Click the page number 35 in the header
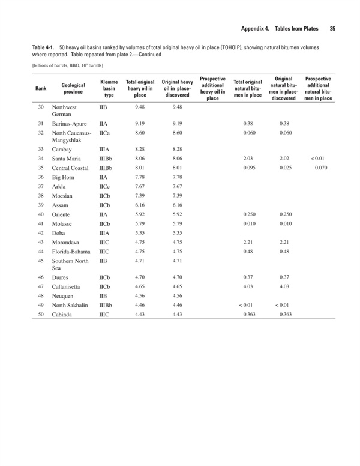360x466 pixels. pos(332,28)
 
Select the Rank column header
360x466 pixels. pos(41,88)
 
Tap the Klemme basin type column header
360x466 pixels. pos(109,88)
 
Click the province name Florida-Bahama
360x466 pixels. pos(73,251)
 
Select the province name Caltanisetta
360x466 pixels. pos(69,288)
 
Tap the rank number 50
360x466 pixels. pos(41,315)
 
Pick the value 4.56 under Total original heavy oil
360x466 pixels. pos(140,296)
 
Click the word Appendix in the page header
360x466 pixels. pos(254,28)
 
